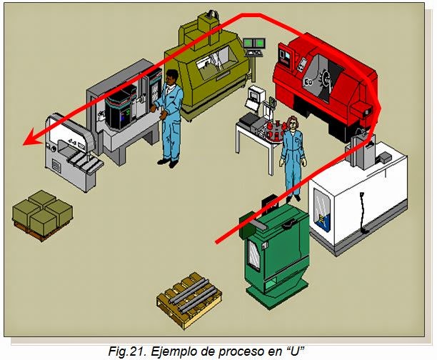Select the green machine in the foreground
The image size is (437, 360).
(276, 250)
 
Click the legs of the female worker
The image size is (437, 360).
(293, 179)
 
